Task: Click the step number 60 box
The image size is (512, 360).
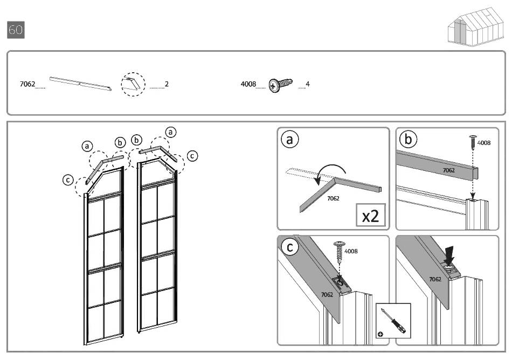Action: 16,30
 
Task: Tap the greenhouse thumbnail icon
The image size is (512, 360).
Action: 476,27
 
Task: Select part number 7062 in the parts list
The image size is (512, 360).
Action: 27,84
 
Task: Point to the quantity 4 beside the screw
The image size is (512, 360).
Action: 308,84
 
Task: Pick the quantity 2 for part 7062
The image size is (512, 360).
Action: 167,84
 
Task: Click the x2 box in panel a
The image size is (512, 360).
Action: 371,216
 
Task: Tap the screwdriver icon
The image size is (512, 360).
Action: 393,321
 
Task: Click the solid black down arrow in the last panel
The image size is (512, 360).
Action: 449,255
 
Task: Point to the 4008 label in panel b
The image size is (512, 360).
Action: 484,143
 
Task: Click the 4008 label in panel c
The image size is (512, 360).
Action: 351,251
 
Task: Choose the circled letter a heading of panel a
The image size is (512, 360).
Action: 289,140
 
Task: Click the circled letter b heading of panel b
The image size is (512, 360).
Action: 408,140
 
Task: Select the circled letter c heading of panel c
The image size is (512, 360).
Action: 289,247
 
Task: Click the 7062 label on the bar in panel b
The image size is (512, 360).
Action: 448,170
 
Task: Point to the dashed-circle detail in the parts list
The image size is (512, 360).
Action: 133,85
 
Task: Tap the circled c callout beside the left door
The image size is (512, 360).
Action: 68,180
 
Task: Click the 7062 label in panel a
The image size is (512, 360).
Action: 334,198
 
